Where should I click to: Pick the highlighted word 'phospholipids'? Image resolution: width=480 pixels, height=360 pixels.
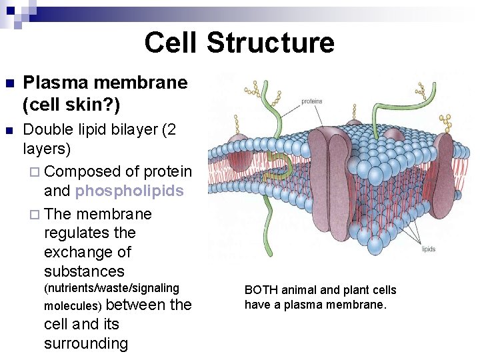(x=129, y=191)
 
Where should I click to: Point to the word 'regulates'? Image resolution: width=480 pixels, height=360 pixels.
(x=89, y=233)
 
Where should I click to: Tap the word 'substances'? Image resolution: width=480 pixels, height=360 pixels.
(x=84, y=271)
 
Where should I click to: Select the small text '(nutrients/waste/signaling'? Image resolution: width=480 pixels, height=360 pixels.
(x=111, y=288)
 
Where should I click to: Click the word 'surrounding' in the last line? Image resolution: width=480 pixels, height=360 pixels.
(x=85, y=343)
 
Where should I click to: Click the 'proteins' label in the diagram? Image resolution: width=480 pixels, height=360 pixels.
(x=312, y=101)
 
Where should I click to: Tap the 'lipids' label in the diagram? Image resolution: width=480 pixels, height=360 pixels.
(x=428, y=249)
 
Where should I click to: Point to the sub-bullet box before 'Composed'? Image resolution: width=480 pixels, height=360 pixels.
(x=36, y=172)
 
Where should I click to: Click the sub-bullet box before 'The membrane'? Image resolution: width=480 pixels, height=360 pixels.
(x=36, y=215)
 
